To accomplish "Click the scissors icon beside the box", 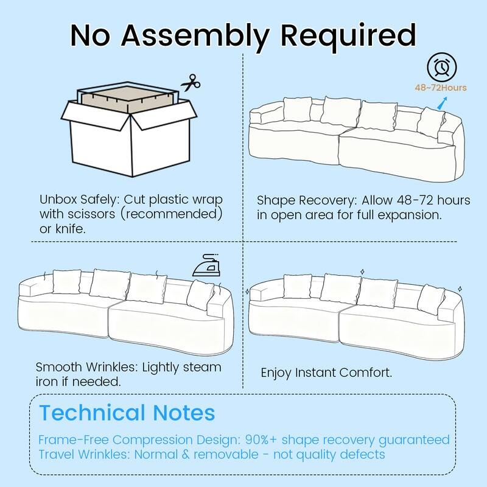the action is [191, 83].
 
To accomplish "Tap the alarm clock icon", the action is [442, 68].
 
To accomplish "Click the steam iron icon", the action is [206, 265].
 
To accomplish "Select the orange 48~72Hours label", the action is [441, 88].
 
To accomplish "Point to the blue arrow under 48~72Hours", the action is [443, 103].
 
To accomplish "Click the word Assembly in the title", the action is [195, 36].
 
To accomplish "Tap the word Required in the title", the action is [348, 35].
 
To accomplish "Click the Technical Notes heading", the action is [127, 413].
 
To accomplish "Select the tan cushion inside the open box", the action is [127, 99].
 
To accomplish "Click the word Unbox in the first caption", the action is [58, 200].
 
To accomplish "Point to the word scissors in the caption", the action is [91, 214].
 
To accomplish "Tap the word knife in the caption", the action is [70, 229].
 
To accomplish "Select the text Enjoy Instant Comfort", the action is [326, 373].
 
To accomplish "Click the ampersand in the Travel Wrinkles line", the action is [186, 454].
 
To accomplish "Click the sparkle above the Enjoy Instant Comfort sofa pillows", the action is [362, 272].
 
